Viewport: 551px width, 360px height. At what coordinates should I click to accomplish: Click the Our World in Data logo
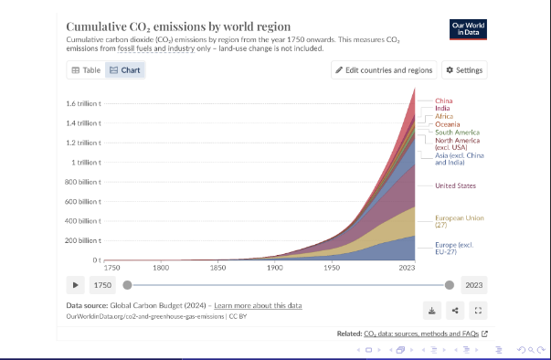(x=468, y=29)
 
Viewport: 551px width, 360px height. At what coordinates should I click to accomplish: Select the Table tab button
(x=86, y=70)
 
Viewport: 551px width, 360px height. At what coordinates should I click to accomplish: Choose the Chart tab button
(x=125, y=70)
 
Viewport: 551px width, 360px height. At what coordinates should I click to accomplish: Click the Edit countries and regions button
(x=384, y=70)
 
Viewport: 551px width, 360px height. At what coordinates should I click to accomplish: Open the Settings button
(x=464, y=70)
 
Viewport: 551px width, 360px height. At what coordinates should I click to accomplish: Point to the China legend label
(x=444, y=101)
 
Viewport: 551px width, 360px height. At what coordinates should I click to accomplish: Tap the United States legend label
(x=455, y=185)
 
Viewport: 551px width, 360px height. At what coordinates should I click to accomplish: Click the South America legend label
(x=457, y=132)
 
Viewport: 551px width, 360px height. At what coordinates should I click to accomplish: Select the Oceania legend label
(x=448, y=124)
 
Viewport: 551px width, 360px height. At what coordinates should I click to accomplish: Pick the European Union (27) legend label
(x=460, y=221)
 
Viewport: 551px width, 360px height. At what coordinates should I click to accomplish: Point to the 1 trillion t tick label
(x=86, y=163)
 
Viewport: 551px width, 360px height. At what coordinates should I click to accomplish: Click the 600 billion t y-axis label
(x=83, y=202)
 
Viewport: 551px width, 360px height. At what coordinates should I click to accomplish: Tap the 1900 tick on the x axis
(x=275, y=268)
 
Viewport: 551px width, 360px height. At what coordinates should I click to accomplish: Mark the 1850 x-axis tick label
(x=217, y=268)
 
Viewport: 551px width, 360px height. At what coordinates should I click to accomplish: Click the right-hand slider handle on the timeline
(x=449, y=285)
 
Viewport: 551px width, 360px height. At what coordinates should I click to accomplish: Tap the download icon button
(x=432, y=311)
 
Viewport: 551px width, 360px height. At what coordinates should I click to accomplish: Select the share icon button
(x=455, y=311)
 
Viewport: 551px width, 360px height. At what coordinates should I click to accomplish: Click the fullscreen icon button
(x=478, y=311)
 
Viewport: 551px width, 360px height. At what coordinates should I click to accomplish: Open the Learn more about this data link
(x=258, y=305)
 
